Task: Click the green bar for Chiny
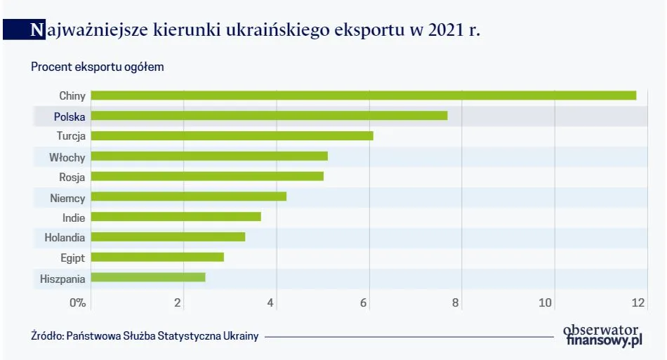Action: (363, 95)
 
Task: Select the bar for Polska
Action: (269, 116)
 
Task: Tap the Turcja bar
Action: (232, 136)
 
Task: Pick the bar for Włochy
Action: (209, 156)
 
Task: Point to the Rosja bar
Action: (207, 176)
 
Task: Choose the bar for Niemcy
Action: (188, 196)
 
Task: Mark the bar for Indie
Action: (176, 217)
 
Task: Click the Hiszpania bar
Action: (148, 277)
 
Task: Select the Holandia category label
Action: (65, 237)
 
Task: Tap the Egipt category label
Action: (73, 258)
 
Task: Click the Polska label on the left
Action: (69, 116)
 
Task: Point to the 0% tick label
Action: (77, 303)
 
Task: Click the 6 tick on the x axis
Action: (364, 303)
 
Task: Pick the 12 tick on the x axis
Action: (638, 303)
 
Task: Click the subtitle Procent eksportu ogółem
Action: (97, 67)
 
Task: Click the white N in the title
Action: (37, 30)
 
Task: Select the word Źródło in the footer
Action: (47, 336)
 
